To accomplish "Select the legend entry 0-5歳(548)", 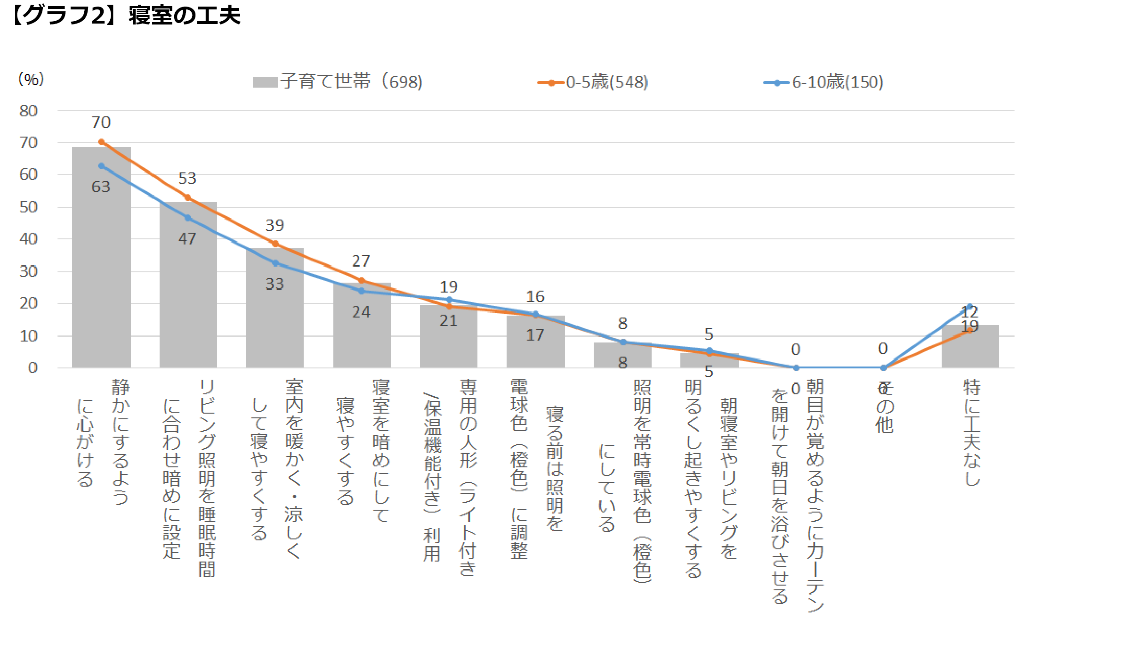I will coord(594,82).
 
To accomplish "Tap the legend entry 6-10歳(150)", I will coord(823,82).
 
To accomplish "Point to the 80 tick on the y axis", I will coord(28,111).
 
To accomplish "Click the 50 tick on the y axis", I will coord(28,207).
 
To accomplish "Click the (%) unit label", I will coord(31,79).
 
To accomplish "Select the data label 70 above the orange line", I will coord(101,122).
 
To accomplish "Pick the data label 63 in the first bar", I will coord(101,187).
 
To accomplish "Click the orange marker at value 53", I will coord(187,198).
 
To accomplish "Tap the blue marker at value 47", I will coord(188,218).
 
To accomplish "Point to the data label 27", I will coord(361,261).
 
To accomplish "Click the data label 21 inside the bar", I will coord(448,321).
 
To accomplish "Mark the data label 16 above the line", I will coord(535,297).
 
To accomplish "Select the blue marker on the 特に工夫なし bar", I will coord(970,306).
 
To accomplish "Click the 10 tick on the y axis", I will coord(28,336).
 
